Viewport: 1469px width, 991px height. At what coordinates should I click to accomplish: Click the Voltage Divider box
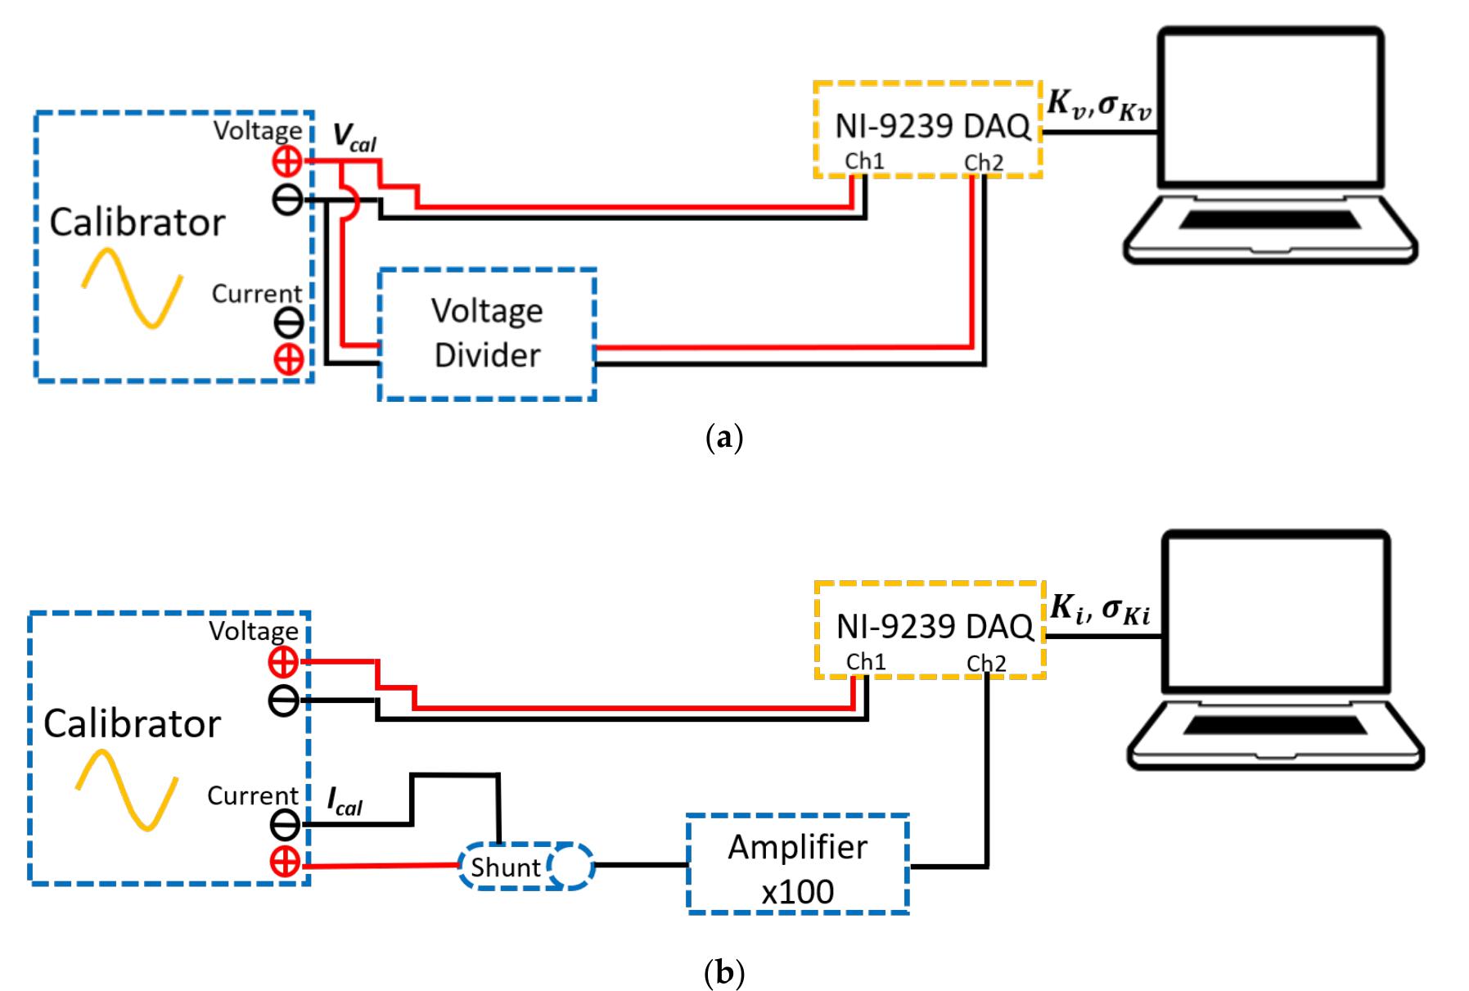[x=487, y=334]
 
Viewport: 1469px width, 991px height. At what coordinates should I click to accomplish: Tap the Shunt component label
[x=505, y=867]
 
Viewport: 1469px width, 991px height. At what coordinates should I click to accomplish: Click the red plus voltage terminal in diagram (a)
[x=287, y=162]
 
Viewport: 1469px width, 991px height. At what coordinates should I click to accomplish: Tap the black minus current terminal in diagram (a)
[x=288, y=323]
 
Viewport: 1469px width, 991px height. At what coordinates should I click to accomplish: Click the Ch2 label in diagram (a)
[x=983, y=163]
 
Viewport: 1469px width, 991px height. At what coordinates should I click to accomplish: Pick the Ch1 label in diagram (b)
[x=866, y=661]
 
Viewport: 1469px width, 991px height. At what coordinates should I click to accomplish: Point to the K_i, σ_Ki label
[x=1101, y=609]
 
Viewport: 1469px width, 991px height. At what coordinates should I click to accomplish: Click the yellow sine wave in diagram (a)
[x=131, y=288]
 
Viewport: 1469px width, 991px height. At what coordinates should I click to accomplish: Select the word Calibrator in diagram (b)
[x=132, y=723]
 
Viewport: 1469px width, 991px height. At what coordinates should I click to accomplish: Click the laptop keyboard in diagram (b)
[x=1274, y=725]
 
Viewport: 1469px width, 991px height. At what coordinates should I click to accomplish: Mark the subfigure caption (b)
[x=723, y=973]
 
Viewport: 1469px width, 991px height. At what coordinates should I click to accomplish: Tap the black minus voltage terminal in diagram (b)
[x=284, y=701]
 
